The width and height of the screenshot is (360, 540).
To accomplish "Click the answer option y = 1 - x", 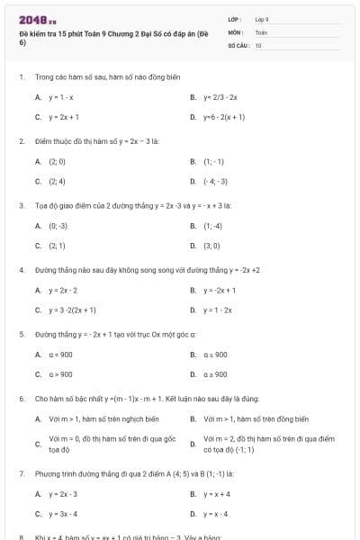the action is click(x=61, y=96).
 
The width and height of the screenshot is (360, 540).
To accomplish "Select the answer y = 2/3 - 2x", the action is click(x=220, y=96).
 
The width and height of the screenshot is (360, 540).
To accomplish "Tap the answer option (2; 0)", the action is click(x=57, y=161).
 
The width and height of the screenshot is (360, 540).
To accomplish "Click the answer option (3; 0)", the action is click(x=211, y=245).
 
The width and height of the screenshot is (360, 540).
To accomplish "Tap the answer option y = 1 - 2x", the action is click(x=217, y=310).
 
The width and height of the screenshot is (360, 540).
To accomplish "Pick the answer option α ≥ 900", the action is click(x=215, y=374).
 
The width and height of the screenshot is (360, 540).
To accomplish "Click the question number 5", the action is click(x=21, y=334).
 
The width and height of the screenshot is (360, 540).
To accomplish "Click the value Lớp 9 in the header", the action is click(x=262, y=19).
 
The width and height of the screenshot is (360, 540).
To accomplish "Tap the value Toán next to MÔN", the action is click(x=261, y=31).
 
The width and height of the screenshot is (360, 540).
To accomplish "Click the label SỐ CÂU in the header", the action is click(x=238, y=44).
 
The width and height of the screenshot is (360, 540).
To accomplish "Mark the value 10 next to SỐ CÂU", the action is click(x=258, y=44).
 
